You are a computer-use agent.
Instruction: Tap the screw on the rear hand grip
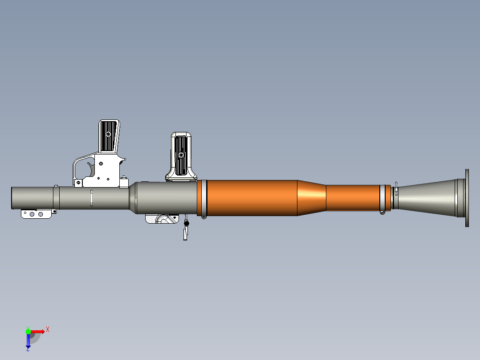[x=181, y=155]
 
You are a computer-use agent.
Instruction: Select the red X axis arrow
[x=38, y=331]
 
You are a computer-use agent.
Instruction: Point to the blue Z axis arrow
[x=28, y=341]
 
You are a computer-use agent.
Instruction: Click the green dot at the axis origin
[x=28, y=331]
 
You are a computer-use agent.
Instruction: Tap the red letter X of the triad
[x=47, y=329]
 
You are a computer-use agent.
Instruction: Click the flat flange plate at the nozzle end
[x=467, y=198]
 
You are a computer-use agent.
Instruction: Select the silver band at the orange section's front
[x=202, y=197]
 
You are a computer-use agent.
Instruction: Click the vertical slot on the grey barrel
[x=91, y=198]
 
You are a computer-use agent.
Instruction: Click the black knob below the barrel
[x=187, y=223]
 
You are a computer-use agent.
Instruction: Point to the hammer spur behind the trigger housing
[x=122, y=159]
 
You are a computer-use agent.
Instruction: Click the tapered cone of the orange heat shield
[x=312, y=197]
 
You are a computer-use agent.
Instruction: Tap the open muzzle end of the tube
[x=12, y=198]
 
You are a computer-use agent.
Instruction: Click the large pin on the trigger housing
[x=100, y=163]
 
